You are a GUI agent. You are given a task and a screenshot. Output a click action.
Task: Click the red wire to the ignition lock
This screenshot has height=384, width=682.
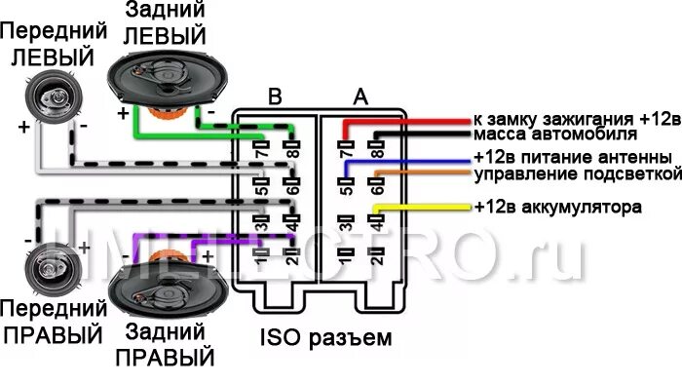click(419, 121)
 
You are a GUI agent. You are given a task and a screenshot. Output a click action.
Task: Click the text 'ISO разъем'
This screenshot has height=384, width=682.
click(325, 340)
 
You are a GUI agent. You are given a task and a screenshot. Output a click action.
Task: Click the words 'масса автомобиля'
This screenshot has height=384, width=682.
click(554, 134)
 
